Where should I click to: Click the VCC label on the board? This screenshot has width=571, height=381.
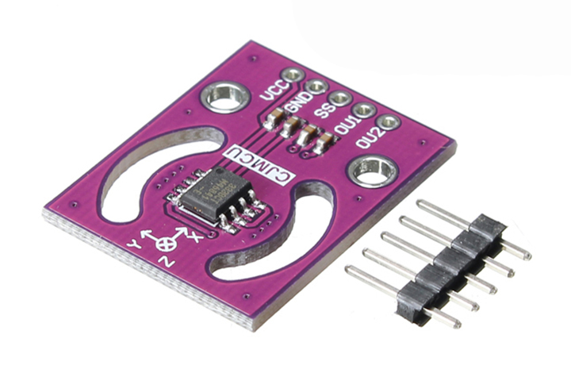click(x=271, y=90)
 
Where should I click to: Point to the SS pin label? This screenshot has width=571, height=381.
click(x=322, y=112)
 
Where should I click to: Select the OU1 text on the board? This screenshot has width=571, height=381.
click(x=345, y=125)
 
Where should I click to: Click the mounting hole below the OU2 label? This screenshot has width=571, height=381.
click(x=370, y=170)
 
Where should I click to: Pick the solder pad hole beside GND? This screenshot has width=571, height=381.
click(x=317, y=87)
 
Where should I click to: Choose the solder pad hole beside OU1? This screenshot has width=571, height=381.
click(x=364, y=110)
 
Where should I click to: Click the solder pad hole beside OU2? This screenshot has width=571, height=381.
click(x=388, y=123)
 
